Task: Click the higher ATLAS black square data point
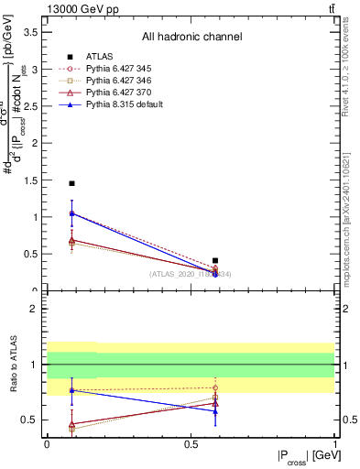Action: (x=71, y=183)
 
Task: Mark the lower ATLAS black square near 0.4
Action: (x=215, y=261)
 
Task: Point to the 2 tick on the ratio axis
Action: (x=36, y=309)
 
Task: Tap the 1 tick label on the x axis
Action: (x=334, y=443)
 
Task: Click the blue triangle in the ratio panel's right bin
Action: (x=215, y=411)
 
